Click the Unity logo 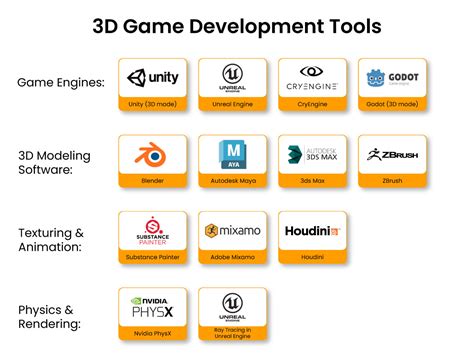coord(153,78)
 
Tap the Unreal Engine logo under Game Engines coord(232,78)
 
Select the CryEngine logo coord(312,78)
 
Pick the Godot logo coord(392,78)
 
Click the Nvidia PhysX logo coord(153,307)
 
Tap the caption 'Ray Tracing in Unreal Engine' coord(232,334)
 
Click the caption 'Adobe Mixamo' coord(232,257)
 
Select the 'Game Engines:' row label coord(61,81)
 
